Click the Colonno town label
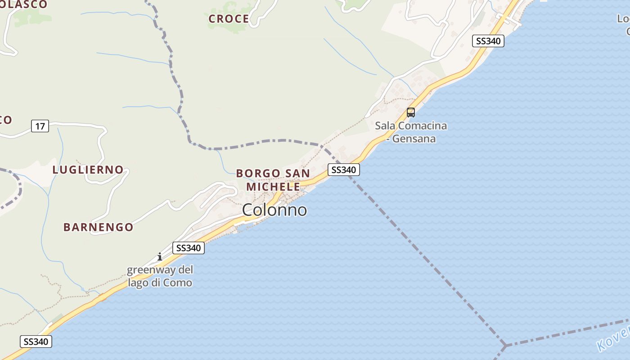point(274,210)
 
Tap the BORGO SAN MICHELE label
point(273,180)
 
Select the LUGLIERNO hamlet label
point(88,170)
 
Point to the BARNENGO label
point(98,227)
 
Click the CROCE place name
point(229,19)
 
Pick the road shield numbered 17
point(40,126)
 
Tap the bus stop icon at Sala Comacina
point(411,112)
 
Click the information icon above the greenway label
point(159,257)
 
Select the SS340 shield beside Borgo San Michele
point(343,170)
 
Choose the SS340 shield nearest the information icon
point(189,248)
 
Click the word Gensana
point(414,139)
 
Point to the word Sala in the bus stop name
point(385,126)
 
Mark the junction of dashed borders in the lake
point(505,346)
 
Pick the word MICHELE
point(273,186)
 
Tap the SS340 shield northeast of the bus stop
point(488,41)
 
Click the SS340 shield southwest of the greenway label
point(36,342)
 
